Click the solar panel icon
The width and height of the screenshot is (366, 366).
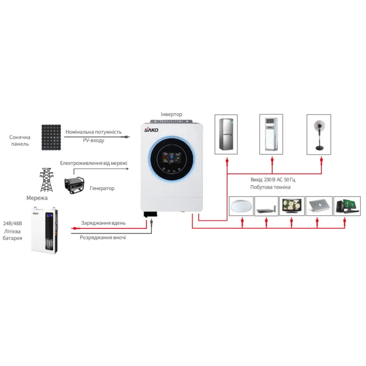(51, 137)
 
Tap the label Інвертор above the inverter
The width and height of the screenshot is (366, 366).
(172, 114)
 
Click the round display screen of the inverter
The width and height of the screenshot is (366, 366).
(172, 161)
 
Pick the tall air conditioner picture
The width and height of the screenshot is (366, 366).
(272, 134)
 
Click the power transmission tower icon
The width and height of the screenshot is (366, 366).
(46, 179)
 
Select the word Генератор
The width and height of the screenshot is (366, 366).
(102, 188)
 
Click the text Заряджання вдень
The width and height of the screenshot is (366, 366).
(103, 223)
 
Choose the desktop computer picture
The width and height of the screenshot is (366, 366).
(346, 206)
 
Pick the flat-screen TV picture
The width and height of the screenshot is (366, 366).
(291, 206)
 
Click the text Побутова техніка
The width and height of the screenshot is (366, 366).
(270, 188)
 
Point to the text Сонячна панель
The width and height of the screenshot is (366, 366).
(20, 140)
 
